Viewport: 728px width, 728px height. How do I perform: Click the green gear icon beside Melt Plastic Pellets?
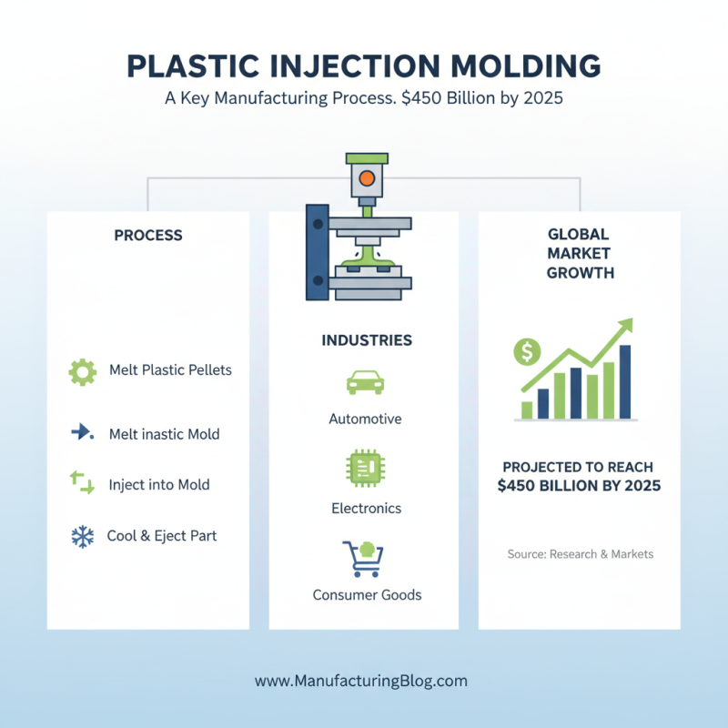(x=83, y=370)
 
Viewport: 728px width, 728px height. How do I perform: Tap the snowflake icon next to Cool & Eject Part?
(x=83, y=537)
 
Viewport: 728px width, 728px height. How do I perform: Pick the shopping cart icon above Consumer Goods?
(x=362, y=557)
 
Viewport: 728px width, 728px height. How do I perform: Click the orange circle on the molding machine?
(x=366, y=177)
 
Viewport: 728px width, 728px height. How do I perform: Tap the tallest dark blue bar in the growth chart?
(x=625, y=381)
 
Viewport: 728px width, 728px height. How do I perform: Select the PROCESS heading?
(x=148, y=236)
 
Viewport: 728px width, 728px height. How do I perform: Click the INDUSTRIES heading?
(x=367, y=340)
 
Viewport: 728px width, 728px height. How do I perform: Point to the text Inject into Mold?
(x=159, y=484)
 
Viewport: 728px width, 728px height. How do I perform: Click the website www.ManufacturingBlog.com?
(x=361, y=681)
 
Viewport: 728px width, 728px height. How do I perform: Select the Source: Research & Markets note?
(x=580, y=554)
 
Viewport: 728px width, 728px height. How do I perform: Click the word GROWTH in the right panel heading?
(x=580, y=272)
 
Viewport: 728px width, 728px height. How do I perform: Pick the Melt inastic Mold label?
(x=164, y=434)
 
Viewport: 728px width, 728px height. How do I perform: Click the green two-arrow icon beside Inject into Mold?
(x=82, y=483)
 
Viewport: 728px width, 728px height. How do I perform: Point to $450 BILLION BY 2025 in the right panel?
(x=580, y=486)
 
